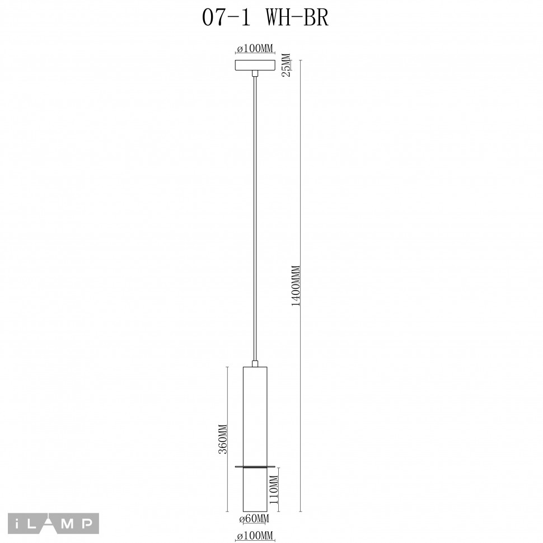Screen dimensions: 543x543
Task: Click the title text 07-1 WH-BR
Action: [265, 19]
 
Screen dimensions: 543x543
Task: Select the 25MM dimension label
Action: [286, 65]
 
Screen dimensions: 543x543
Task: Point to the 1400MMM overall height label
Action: [297, 285]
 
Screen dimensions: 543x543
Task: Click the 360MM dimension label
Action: [222, 439]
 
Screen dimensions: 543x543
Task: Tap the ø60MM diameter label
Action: [255, 519]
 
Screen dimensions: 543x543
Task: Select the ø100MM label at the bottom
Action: [255, 537]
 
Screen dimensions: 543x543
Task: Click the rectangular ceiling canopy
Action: [255, 65]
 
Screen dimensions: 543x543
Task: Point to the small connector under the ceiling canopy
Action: [255, 73]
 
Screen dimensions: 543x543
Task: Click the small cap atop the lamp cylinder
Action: [255, 364]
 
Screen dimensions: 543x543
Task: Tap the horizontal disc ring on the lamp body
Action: [255, 466]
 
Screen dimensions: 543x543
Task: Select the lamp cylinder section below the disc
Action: [255, 490]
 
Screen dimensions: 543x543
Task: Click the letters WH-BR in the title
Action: [297, 19]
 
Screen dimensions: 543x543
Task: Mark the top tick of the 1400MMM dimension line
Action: [301, 60]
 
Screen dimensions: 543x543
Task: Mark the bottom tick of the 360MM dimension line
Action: [227, 511]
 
